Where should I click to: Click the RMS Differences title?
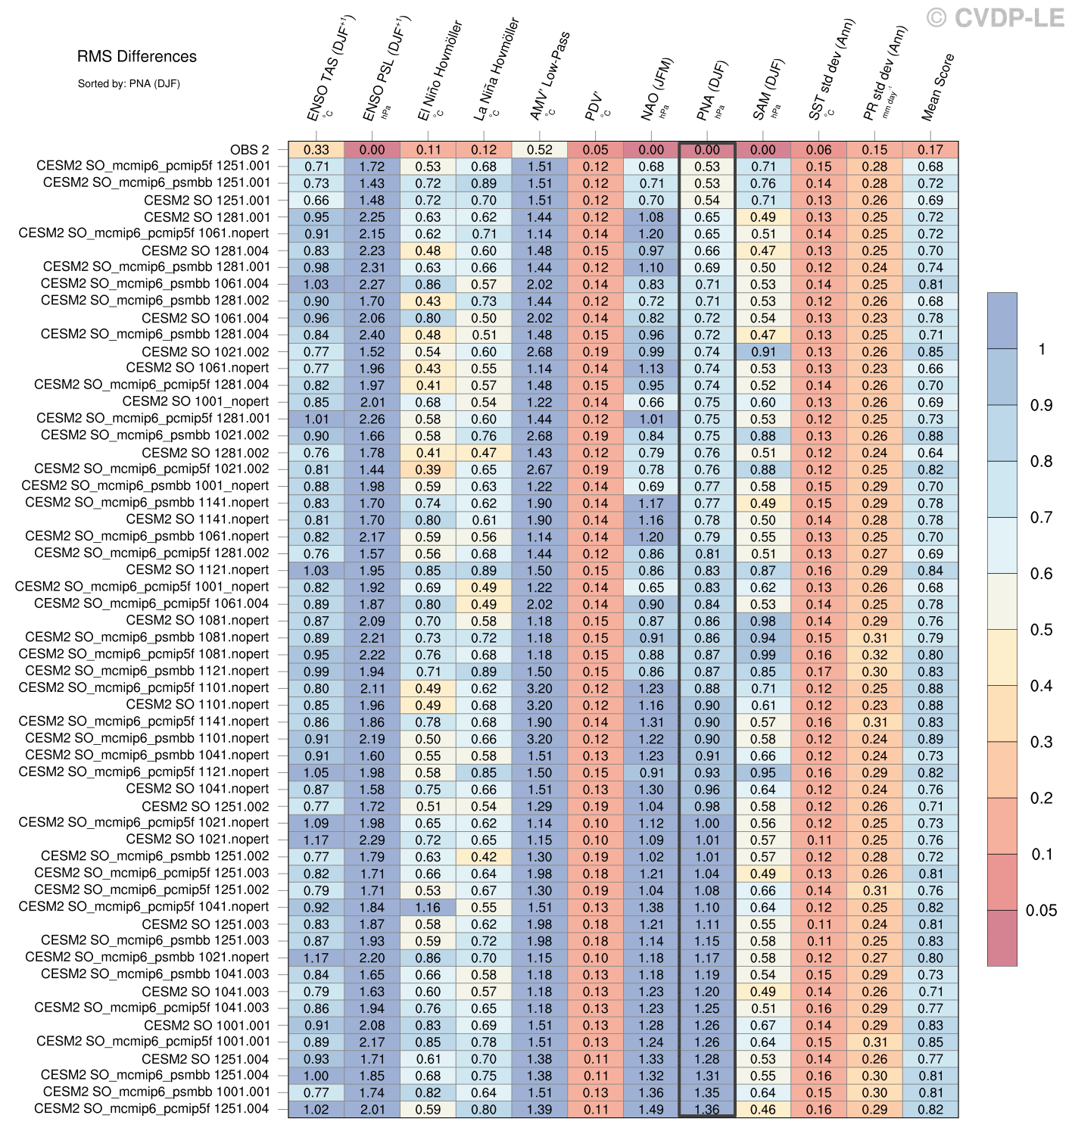tap(136, 57)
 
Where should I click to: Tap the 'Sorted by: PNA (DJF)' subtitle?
tap(129, 84)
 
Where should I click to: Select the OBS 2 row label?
tap(249, 150)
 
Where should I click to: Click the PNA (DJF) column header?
tap(712, 89)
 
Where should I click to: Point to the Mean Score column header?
tap(937, 87)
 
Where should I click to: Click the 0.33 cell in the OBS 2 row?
tap(316, 150)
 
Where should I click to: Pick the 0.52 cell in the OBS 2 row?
tap(540, 150)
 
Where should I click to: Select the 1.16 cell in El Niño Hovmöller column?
tap(428, 907)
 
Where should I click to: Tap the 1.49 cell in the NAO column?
tap(651, 1109)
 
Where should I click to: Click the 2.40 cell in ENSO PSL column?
tap(372, 335)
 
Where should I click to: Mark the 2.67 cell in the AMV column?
tap(540, 469)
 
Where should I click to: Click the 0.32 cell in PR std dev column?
tap(874, 655)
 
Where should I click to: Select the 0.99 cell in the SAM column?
tap(763, 655)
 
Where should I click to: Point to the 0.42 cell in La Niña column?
tap(484, 857)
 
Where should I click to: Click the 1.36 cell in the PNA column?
tap(707, 1109)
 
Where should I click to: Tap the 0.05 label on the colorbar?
tap(1041, 911)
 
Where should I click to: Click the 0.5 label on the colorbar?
tap(1041, 630)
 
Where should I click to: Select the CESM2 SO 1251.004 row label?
tap(205, 1058)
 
